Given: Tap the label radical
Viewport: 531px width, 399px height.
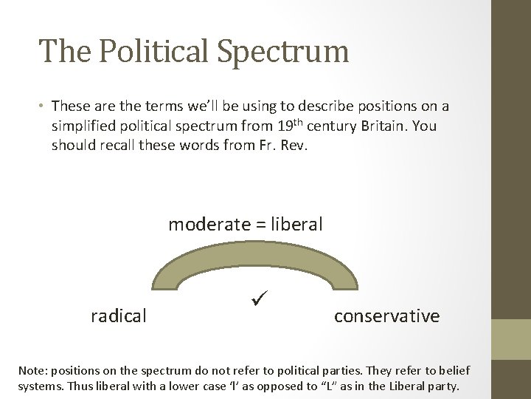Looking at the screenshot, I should (118, 316).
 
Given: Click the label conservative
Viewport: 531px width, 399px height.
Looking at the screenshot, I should (386, 316).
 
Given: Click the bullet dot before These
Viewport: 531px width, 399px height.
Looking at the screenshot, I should (43, 106).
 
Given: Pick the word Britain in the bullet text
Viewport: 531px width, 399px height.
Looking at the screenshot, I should (385, 126).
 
